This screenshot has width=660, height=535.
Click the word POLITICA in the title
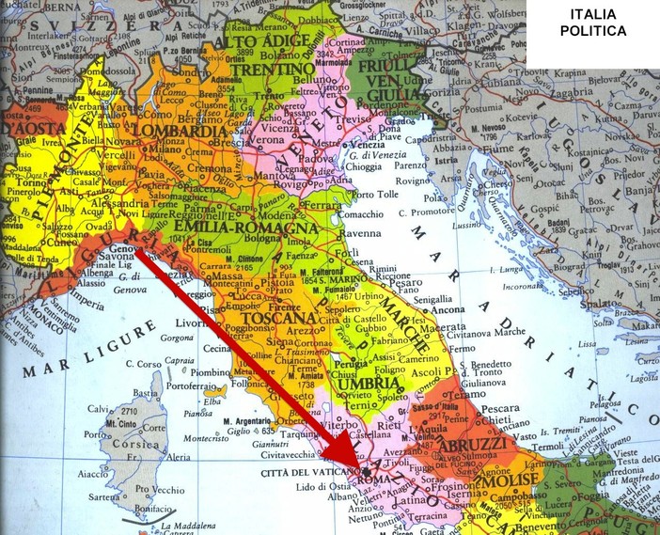click(x=592, y=31)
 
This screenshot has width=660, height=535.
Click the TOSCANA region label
click(x=274, y=319)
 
